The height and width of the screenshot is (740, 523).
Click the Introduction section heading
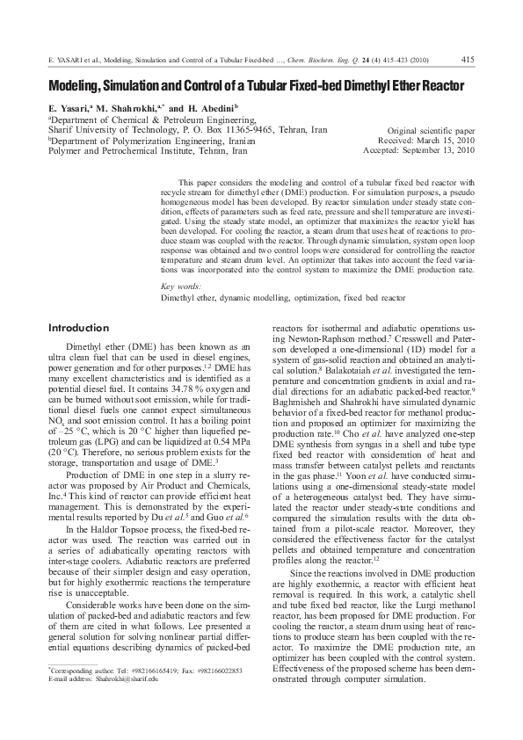(x=78, y=328)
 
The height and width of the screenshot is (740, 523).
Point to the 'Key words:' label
(x=182, y=287)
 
